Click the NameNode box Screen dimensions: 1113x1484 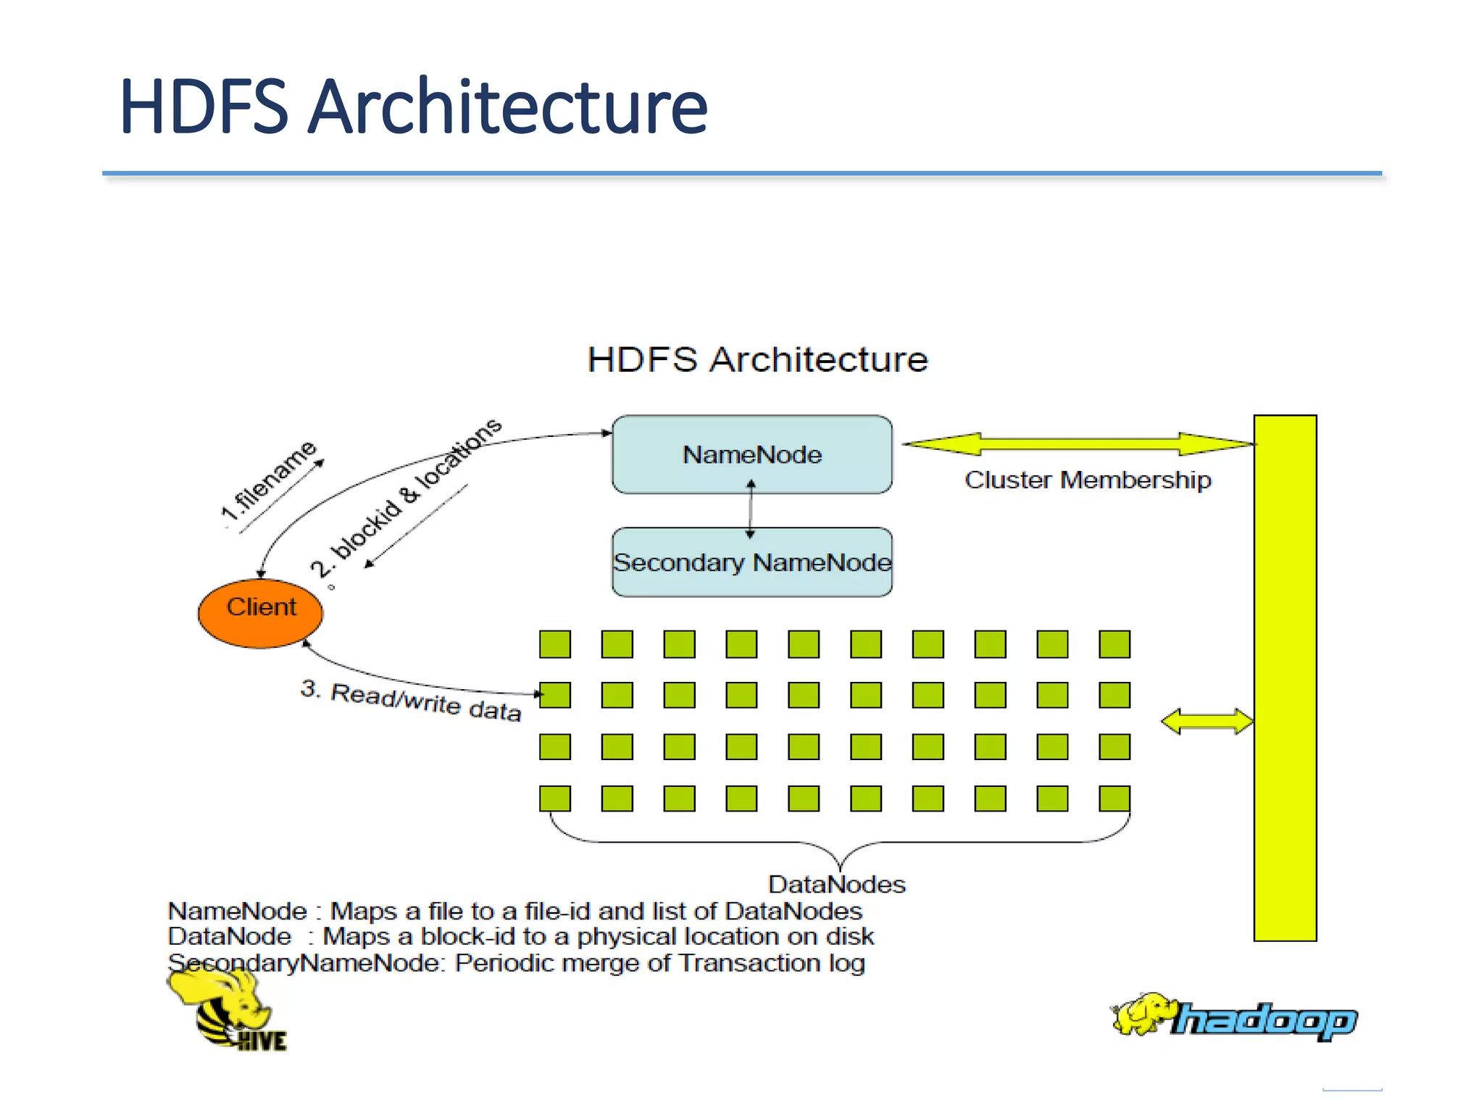click(751, 454)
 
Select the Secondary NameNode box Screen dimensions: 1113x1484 click(751, 562)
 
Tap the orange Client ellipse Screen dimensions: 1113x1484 click(260, 612)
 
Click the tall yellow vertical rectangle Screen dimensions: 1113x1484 click(1285, 678)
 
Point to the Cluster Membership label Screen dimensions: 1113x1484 click(1087, 480)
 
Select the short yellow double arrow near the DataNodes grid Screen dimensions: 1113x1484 click(1206, 721)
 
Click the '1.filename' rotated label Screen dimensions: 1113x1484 click(269, 480)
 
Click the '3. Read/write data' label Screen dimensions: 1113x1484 click(411, 700)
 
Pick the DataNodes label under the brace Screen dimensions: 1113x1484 click(836, 884)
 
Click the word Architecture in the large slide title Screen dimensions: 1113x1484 click(507, 107)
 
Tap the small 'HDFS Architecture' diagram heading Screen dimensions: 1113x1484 click(757, 359)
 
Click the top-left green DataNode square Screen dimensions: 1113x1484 click(555, 643)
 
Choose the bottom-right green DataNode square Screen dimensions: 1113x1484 click(1114, 798)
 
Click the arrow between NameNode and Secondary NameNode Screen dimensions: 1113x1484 click(751, 510)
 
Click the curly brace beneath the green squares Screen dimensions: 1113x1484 click(839, 844)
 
